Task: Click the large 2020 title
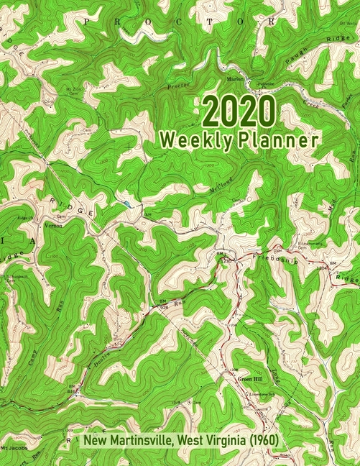coord(239,114)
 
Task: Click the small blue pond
coord(127,204)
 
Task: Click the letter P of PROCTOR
coord(86,22)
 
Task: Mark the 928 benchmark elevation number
coord(165,308)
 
